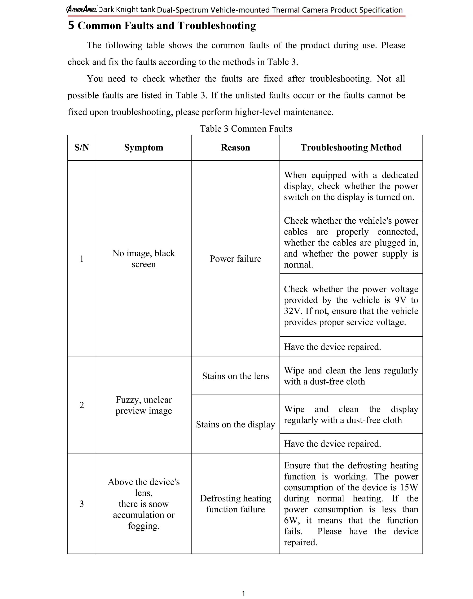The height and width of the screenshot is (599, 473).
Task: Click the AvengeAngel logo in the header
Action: tap(81, 10)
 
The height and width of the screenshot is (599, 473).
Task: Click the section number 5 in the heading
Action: tap(71, 26)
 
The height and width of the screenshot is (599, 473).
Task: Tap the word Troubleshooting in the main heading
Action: tap(217, 26)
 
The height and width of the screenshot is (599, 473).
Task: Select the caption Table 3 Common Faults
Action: tap(246, 129)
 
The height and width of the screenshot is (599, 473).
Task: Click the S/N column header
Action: tap(82, 148)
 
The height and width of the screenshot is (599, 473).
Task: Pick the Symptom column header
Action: tap(144, 148)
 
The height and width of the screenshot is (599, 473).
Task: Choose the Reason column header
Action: tap(235, 148)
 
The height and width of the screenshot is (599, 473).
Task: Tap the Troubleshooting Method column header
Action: tap(351, 148)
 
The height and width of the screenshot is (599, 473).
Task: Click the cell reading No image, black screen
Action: tap(144, 258)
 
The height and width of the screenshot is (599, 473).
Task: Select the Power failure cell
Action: tap(235, 259)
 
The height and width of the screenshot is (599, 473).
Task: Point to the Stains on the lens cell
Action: tap(235, 376)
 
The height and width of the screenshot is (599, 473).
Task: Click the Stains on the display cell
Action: tap(235, 424)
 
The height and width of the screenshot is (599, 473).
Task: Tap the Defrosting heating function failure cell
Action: tap(235, 504)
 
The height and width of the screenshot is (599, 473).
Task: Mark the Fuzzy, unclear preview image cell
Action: tap(144, 405)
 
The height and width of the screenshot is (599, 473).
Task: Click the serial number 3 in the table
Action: tap(82, 504)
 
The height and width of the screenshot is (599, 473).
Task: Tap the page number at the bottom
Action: tap(243, 594)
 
